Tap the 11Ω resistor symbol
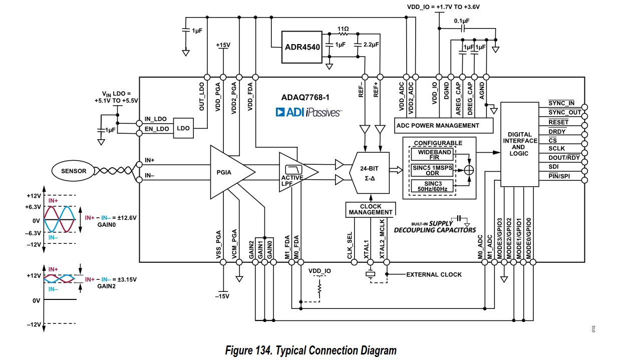pos(343,34)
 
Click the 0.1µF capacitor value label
pos(462,21)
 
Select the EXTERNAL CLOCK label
pos(434,274)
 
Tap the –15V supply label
pos(222,296)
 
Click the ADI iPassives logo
pos(308,112)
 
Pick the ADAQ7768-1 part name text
pos(305,97)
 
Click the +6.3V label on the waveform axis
pos(33,207)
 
